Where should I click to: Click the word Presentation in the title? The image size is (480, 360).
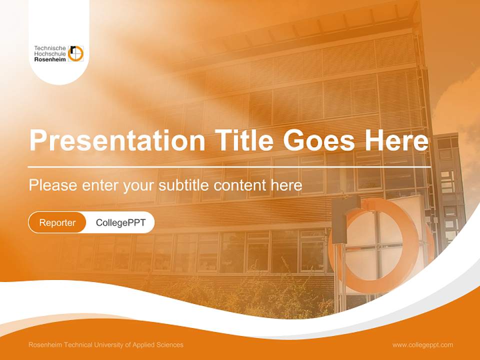(x=117, y=140)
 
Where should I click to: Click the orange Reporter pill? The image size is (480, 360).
(x=57, y=222)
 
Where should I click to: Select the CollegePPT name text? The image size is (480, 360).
(x=120, y=222)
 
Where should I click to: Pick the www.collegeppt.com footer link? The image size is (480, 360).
(x=422, y=345)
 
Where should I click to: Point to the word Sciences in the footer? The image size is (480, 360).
(x=170, y=345)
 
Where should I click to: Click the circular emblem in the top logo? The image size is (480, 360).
(x=75, y=53)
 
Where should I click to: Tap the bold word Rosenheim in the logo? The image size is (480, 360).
(x=50, y=59)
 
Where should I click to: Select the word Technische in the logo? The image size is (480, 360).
(x=50, y=48)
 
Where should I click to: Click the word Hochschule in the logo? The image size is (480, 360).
(x=50, y=53)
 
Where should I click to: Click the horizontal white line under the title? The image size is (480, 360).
(x=229, y=167)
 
